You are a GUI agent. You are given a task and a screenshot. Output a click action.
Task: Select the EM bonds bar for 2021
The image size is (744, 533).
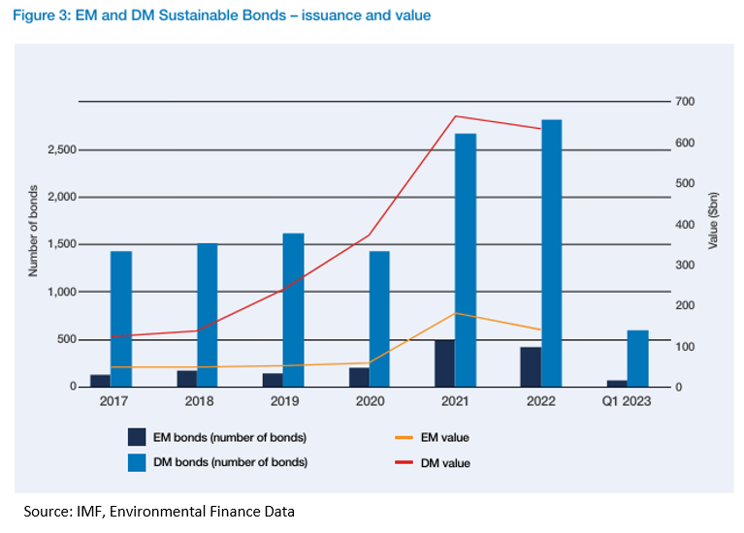(x=443, y=363)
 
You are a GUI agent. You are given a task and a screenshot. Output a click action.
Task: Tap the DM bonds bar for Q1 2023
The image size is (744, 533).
(x=637, y=359)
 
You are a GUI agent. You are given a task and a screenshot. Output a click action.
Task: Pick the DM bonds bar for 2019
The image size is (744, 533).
(x=293, y=310)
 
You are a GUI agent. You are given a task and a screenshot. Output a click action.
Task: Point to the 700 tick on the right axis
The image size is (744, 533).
(x=685, y=102)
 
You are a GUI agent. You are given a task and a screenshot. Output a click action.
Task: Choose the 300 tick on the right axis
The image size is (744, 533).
(x=685, y=265)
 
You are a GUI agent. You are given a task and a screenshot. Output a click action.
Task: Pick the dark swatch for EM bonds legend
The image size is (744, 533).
(x=137, y=438)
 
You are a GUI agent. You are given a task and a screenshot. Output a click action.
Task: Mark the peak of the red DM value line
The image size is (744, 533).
(x=455, y=116)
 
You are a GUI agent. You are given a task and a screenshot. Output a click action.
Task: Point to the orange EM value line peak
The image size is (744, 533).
(x=455, y=313)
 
